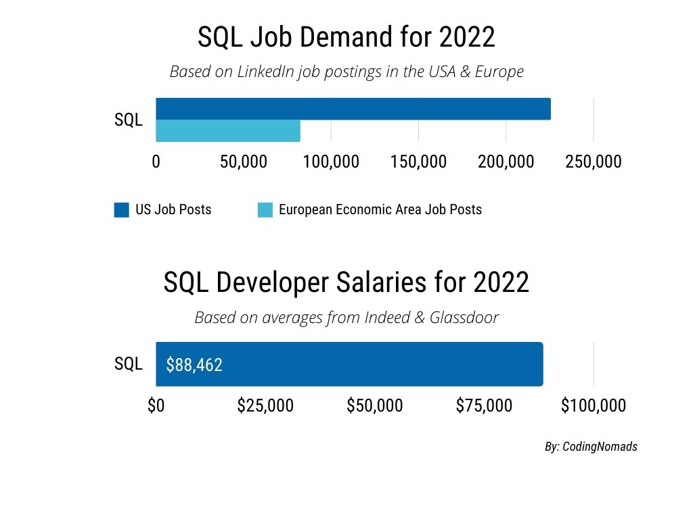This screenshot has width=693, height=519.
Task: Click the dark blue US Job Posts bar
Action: click(353, 109)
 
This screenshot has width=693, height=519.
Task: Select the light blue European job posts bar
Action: click(227, 130)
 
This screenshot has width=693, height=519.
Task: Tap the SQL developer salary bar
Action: click(379, 364)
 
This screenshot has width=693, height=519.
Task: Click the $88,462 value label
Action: click(194, 365)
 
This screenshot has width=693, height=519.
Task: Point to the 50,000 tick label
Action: click(244, 162)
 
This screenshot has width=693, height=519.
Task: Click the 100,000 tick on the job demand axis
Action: click(331, 162)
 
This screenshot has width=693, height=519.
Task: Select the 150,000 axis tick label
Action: click(418, 162)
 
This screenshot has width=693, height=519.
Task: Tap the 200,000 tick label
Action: click(506, 162)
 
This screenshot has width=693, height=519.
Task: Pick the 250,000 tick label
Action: click(594, 162)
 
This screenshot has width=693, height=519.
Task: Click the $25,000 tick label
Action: click(265, 405)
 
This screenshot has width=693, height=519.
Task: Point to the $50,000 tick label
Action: click(375, 405)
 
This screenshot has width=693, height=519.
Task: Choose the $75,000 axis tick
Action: click(484, 405)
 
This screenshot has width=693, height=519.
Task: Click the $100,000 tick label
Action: click(594, 405)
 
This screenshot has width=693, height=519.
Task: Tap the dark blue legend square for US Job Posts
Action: click(122, 209)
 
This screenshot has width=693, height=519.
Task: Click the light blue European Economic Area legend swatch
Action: click(266, 209)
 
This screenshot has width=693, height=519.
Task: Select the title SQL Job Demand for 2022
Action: click(346, 38)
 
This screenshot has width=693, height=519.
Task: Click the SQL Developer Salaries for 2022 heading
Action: click(346, 282)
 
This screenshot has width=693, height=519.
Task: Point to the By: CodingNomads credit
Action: click(591, 447)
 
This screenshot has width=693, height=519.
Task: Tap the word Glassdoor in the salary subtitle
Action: click(464, 317)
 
